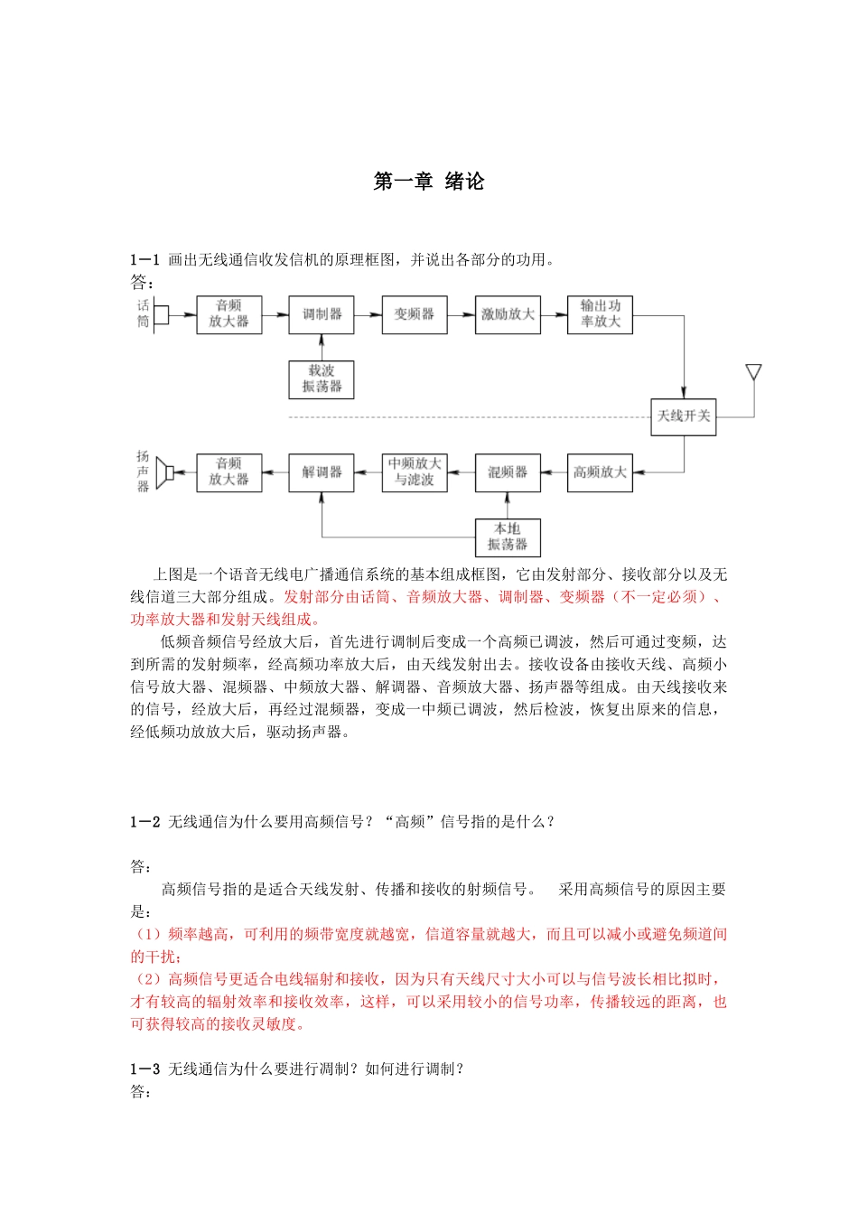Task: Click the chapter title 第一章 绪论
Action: (429, 182)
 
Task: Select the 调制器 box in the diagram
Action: (322, 314)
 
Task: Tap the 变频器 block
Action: (415, 314)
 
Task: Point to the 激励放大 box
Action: (508, 314)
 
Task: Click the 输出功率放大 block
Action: (600, 314)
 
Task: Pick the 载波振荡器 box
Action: (322, 379)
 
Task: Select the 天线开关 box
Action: (684, 416)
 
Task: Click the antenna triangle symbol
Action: (753, 372)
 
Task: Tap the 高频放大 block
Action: (600, 472)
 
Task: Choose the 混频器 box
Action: (508, 472)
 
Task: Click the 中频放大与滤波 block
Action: (415, 472)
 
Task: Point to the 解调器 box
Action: (322, 472)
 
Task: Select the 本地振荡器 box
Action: (508, 537)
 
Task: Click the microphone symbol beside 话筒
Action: (161, 314)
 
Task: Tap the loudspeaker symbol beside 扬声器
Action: (163, 472)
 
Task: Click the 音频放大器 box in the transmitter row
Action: (229, 314)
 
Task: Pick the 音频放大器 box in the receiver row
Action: (229, 472)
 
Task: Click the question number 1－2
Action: (145, 822)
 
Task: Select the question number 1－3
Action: (145, 1069)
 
